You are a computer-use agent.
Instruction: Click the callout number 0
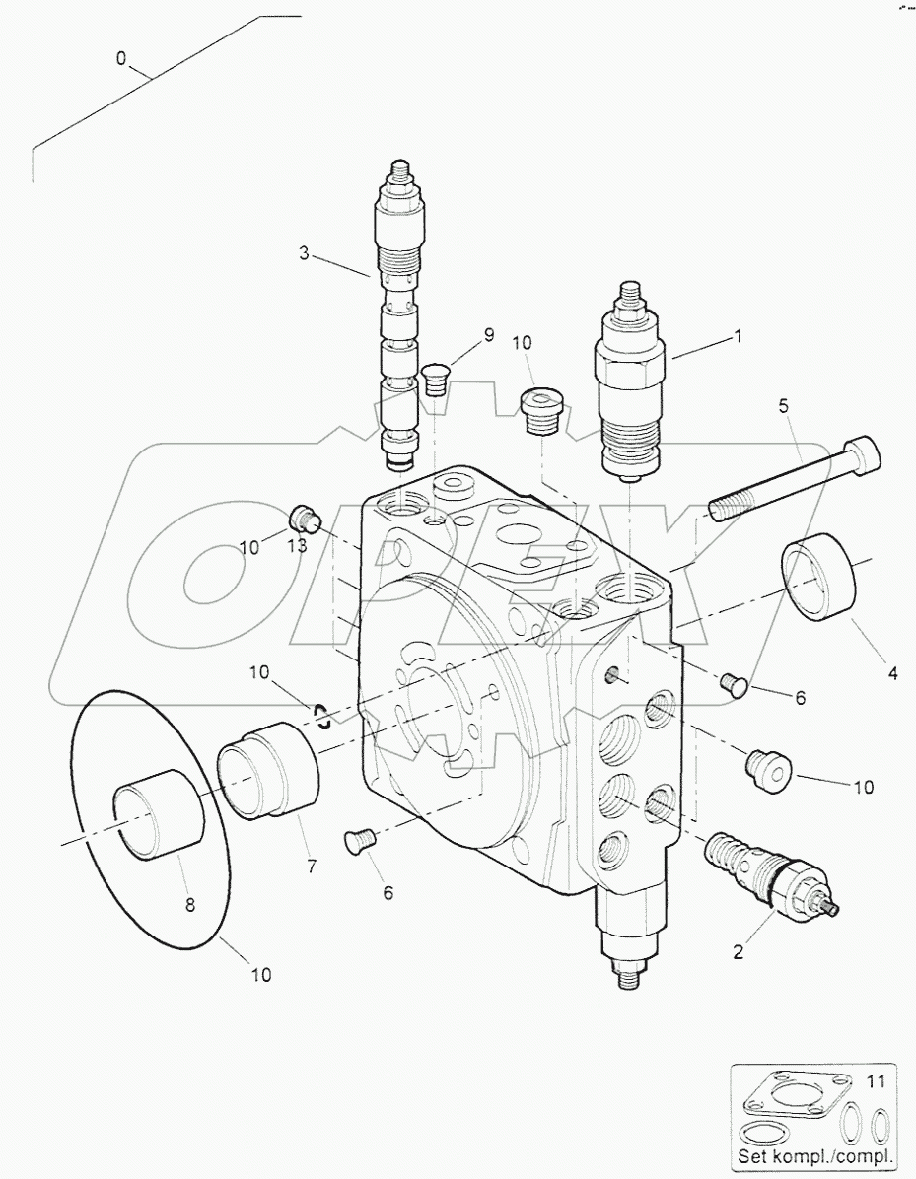click(x=121, y=59)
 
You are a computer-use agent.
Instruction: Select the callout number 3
click(x=305, y=254)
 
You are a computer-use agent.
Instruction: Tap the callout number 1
click(x=736, y=336)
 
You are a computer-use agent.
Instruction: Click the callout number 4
click(x=891, y=674)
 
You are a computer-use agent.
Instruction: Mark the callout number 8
click(x=190, y=901)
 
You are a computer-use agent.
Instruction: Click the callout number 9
click(x=488, y=335)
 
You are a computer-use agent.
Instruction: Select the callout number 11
click(x=877, y=1081)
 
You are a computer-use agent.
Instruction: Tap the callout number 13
click(x=297, y=545)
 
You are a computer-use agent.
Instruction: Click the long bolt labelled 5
click(x=789, y=480)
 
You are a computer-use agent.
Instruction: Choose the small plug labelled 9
click(x=434, y=379)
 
